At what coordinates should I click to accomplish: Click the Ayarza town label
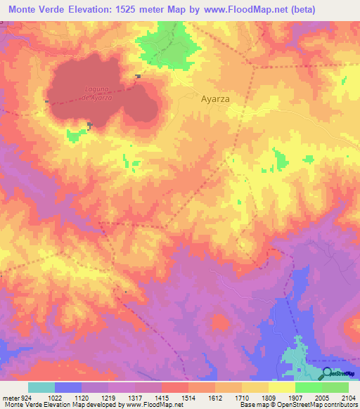coord(216,99)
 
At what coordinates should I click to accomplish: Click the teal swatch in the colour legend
coord(41,387)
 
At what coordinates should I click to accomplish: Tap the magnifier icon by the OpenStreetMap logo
coord(327,373)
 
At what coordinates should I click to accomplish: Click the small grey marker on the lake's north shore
coord(139,76)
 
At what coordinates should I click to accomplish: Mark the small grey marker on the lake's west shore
coord(47,102)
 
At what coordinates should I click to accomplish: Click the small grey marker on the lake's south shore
coord(89,125)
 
